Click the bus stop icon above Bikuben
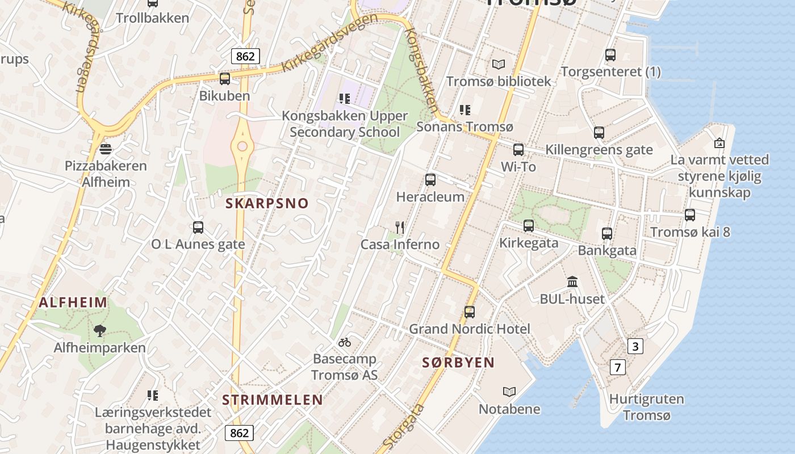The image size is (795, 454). (225, 79)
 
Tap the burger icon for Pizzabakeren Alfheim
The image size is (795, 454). (105, 149)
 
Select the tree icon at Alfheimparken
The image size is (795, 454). (100, 331)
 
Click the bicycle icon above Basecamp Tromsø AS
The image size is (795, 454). (344, 342)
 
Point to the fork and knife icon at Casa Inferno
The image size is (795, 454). (400, 228)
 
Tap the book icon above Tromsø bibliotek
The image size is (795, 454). (498, 65)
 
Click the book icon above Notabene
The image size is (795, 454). (509, 392)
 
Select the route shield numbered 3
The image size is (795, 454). (635, 346)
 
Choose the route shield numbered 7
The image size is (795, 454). (617, 367)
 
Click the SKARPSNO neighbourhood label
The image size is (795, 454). (267, 203)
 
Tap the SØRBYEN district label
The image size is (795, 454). (458, 363)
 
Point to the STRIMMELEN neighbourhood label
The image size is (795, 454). (273, 400)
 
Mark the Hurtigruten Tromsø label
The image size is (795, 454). (646, 407)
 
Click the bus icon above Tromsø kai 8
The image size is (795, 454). (690, 215)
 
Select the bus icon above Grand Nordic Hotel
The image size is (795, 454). (470, 312)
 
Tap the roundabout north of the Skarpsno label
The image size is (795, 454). (242, 146)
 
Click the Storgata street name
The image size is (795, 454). (404, 426)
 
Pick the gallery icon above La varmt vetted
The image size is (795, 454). (719, 143)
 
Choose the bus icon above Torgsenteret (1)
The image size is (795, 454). (610, 55)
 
